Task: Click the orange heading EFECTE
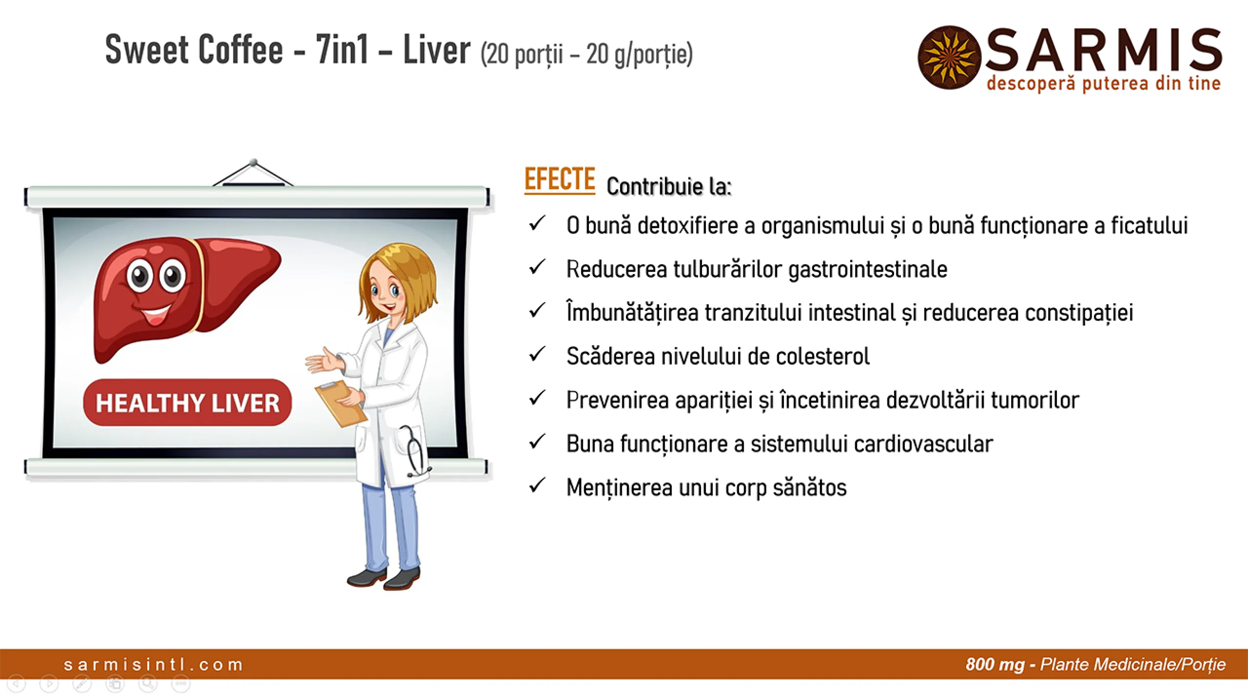(560, 179)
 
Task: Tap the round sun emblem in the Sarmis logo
(949, 58)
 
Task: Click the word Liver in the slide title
(436, 50)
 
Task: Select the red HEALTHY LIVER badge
(188, 403)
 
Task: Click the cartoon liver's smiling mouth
(156, 315)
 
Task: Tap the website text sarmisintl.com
(154, 664)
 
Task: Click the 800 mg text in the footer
(994, 664)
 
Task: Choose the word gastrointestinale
(867, 270)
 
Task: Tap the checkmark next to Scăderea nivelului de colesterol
(537, 354)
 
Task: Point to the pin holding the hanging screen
(253, 162)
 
